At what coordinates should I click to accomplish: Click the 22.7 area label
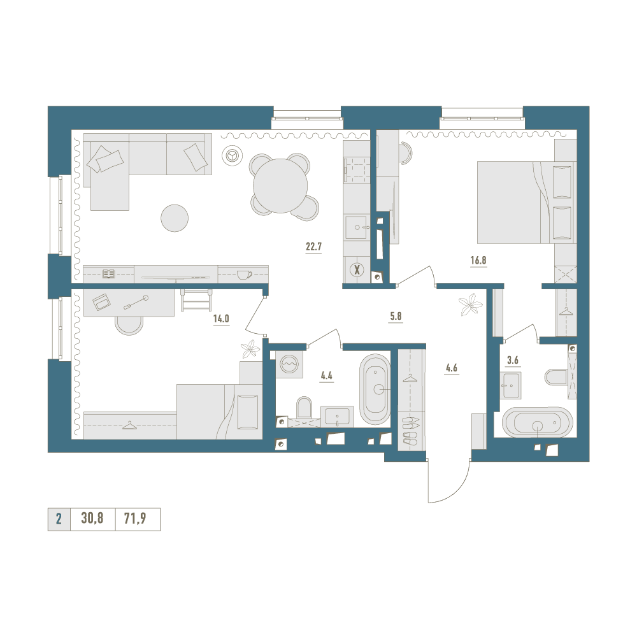tap(313, 246)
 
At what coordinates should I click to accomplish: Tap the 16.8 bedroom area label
tap(478, 260)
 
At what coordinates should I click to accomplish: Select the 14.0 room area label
tap(221, 318)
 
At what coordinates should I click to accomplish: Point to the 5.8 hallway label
tap(396, 316)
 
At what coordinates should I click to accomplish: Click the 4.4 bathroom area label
tap(326, 375)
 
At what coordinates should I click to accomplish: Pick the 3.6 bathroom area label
tap(513, 360)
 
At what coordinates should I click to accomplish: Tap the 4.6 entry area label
tap(452, 368)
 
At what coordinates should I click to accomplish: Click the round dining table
tap(280, 186)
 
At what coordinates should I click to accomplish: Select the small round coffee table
tap(175, 218)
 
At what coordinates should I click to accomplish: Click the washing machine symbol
tap(289, 364)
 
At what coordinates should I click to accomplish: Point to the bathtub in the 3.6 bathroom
tap(538, 422)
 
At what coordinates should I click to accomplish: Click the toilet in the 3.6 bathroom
tap(555, 376)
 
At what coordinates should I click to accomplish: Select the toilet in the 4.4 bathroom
tap(304, 407)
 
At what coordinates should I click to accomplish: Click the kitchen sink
tap(357, 227)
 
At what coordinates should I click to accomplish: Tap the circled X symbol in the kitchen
tap(357, 269)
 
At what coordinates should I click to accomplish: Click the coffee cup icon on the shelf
tap(244, 275)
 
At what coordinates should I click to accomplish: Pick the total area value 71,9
tap(135, 519)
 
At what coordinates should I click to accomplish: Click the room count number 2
tap(59, 519)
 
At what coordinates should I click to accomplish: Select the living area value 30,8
tap(92, 519)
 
